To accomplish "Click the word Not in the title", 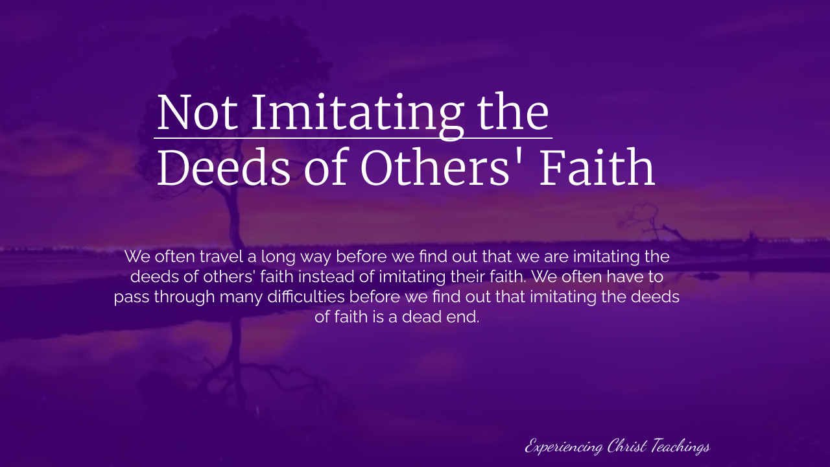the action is (x=198, y=113).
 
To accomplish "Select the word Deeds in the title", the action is (x=224, y=167).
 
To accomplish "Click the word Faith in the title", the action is (x=597, y=167).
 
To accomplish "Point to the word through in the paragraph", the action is (x=185, y=297).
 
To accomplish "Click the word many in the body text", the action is (x=241, y=298).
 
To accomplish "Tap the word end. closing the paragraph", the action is (x=463, y=317).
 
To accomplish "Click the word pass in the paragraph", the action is (x=132, y=298).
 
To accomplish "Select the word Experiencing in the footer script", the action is (x=564, y=447).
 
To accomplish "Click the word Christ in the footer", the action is (x=627, y=446).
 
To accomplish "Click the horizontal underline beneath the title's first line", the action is (x=353, y=138).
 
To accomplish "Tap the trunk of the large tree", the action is (x=234, y=219).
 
